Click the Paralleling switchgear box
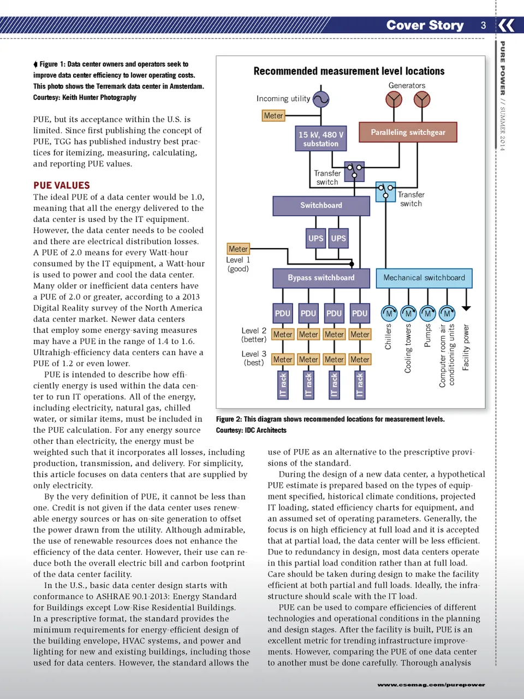408,132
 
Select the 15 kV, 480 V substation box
321,139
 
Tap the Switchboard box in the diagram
321,205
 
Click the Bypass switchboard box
321,278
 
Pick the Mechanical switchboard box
424,278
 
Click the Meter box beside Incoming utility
273,115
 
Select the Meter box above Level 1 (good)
238,249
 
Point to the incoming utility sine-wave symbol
321,99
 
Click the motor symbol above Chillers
389,313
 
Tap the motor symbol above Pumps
427,313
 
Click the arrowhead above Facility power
466,308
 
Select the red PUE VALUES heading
62,185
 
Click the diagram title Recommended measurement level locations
349,71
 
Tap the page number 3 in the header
483,25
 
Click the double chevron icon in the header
507,25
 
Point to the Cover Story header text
425,25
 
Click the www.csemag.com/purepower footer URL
431,684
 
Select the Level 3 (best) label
254,358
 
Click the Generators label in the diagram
407,85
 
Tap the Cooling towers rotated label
408,349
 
